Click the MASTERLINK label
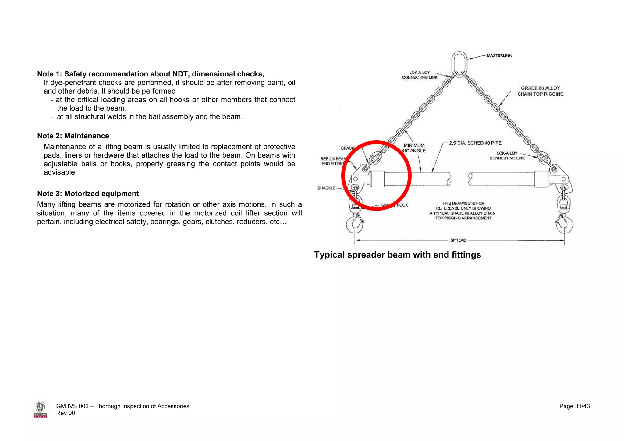pos(499,55)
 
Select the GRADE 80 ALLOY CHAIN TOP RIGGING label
pos(540,91)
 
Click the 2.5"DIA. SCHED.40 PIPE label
pos(475,143)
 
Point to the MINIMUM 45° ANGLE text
pos(414,148)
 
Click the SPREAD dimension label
pos(458,240)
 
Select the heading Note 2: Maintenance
pos(73,136)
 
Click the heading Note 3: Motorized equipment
pos(88,194)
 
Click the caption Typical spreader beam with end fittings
pos(397,255)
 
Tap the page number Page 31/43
pos(574,406)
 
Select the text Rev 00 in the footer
pos(66,413)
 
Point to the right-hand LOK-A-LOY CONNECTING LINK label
pos(507,155)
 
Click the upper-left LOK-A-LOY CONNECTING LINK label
pos(420,75)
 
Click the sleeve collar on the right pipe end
pos(541,179)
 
